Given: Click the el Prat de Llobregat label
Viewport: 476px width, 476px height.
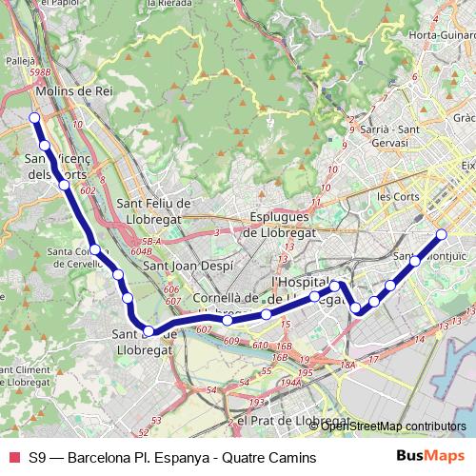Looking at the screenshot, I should (x=292, y=420).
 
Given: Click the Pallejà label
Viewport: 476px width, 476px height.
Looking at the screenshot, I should (x=19, y=59).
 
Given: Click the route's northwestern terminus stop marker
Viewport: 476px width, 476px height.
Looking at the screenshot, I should (x=34, y=118).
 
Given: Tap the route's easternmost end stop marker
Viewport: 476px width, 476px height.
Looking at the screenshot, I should (x=441, y=234).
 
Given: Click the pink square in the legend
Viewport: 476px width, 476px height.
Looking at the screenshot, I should (x=13, y=456).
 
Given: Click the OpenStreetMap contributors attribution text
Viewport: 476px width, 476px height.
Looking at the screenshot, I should (x=393, y=426).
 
